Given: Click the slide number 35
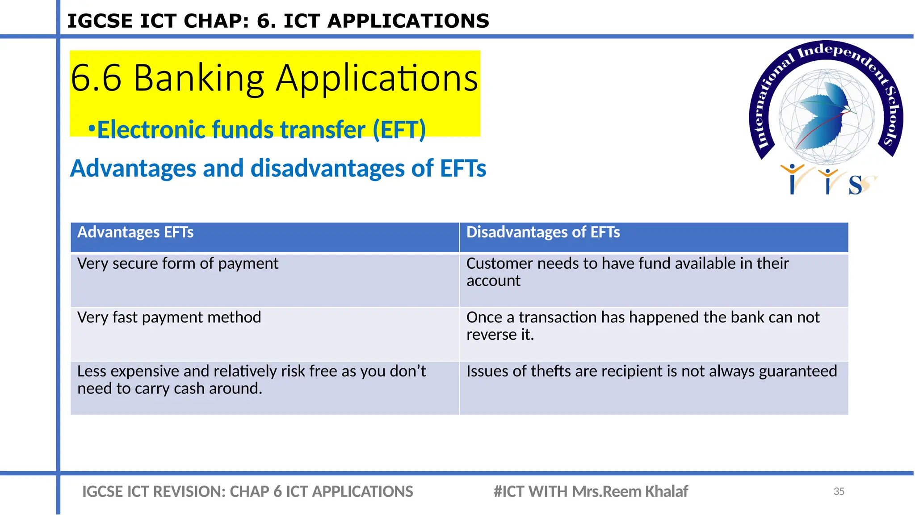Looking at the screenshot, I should [839, 491].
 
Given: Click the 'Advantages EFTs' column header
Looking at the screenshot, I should [135, 232].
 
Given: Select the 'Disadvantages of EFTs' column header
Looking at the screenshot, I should [543, 232].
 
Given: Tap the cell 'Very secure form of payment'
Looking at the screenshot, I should [177, 264].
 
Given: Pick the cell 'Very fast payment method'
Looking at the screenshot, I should [169, 317].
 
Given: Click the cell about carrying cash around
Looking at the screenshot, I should [252, 380].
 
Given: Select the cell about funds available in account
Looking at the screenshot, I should [627, 272].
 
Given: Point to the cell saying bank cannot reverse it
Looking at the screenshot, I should [642, 325].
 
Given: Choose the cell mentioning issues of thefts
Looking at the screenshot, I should [651, 371].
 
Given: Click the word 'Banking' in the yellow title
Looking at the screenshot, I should [199, 78].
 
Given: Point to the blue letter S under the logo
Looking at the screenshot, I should [855, 185].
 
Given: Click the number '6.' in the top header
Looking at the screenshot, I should [266, 21].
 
